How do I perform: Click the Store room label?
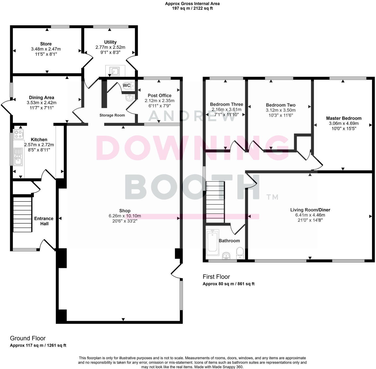click(46, 44)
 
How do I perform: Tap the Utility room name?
click(110, 42)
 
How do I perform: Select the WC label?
click(126, 85)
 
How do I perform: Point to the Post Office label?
click(160, 95)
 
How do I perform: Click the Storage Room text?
click(112, 115)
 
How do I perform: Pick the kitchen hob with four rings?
click(18, 134)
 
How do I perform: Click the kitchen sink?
click(18, 157)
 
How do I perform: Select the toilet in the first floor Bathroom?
click(240, 253)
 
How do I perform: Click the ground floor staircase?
click(22, 214)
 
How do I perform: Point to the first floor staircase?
click(215, 202)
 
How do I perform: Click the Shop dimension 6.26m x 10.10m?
click(125, 216)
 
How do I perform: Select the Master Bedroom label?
click(344, 118)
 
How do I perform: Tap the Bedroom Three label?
click(226, 104)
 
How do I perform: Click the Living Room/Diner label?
click(310, 210)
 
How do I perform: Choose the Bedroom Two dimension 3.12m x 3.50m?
click(281, 110)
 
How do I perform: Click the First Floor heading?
click(216, 277)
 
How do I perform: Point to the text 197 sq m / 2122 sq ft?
click(192, 8)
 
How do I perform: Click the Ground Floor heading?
click(28, 338)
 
